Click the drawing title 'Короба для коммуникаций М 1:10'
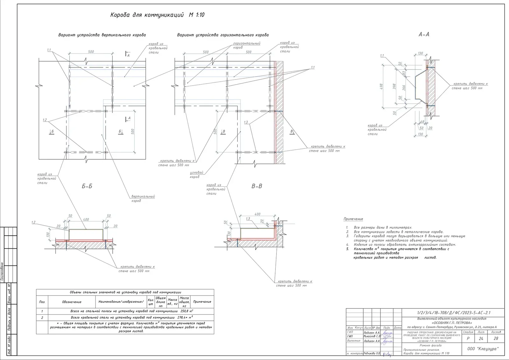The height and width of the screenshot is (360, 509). point(157,15)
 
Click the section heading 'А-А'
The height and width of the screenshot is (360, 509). point(423,34)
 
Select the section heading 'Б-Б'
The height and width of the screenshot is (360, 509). point(87,186)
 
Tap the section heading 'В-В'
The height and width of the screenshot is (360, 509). point(257,186)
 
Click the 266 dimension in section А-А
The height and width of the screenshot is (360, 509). point(404,87)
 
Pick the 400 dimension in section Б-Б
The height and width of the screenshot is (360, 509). point(86,219)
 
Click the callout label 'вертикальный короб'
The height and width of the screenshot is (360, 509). point(143,198)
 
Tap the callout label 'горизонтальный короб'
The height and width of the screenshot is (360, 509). point(247,45)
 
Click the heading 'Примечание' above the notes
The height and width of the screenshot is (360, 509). point(353,219)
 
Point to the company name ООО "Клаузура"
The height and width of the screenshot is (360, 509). point(483,349)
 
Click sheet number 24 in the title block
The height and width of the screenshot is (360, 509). point(481,338)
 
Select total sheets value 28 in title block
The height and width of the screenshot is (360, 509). point(496,338)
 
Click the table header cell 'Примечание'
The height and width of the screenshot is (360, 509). point(202,301)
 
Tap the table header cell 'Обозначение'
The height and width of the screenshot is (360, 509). point(72,302)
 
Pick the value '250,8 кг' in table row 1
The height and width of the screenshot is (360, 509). point(187,311)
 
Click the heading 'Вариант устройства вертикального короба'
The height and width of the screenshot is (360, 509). point(102,35)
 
